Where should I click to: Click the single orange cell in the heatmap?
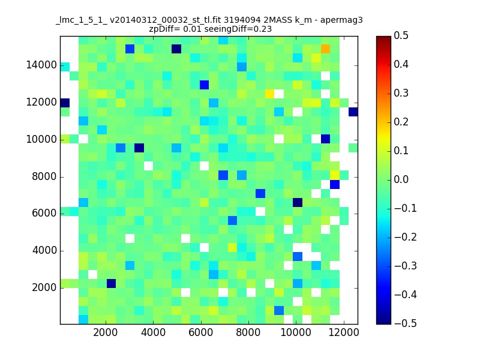(x=325, y=49)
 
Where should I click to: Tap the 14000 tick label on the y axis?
(x=41, y=65)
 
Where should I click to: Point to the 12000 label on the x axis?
(x=343, y=332)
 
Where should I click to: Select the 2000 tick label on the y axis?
(x=44, y=287)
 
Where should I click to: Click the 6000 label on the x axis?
(x=200, y=332)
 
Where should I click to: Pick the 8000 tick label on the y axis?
(x=44, y=176)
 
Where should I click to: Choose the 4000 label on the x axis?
(x=153, y=332)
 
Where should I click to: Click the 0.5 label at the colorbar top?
(x=401, y=35)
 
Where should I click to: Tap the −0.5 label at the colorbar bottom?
(x=406, y=323)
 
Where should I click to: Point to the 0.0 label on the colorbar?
(x=401, y=179)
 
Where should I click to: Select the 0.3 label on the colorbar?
(x=401, y=93)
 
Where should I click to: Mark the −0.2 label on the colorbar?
(x=406, y=237)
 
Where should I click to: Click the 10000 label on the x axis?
(x=296, y=332)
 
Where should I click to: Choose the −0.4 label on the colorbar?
(x=406, y=295)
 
